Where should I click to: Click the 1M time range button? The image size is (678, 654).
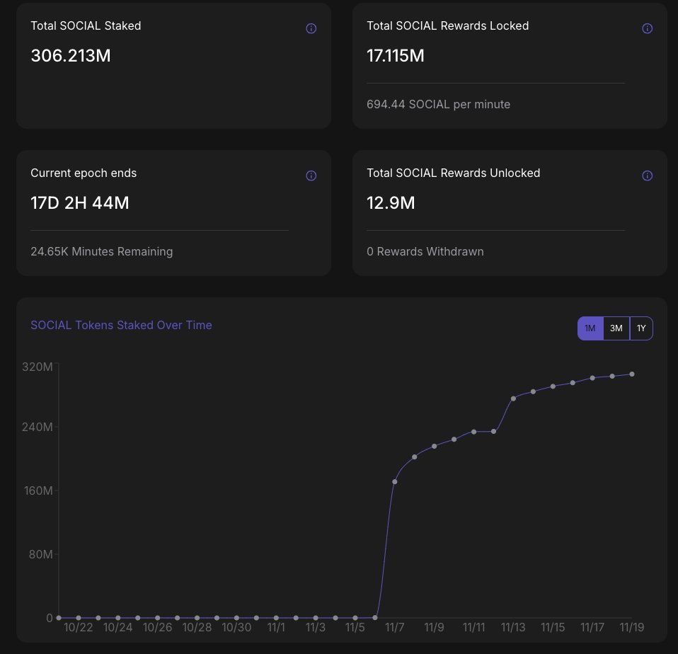coord(590,328)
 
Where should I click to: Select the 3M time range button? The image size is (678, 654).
coord(616,328)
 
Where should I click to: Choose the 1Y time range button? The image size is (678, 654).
coord(641,328)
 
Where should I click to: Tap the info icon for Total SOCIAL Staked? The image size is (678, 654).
coord(311,28)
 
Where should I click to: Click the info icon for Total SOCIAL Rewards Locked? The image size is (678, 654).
coord(647,28)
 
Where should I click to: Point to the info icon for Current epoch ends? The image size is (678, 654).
coord(311,176)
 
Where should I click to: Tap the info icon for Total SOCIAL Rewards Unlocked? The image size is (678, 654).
coord(647,176)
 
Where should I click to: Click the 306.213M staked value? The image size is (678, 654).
coord(71,56)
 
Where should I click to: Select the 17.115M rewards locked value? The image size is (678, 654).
coord(396,56)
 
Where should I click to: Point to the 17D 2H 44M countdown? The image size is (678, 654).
coord(80,203)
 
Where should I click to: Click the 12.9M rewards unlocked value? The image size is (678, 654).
coord(391,203)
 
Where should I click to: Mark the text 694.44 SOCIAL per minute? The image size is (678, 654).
coord(438,104)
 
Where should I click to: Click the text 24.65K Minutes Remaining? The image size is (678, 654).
coord(101,251)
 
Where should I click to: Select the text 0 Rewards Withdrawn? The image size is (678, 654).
coord(425,251)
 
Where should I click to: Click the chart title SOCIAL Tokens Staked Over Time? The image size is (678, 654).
coord(121,326)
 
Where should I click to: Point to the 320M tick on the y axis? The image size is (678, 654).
coord(38,367)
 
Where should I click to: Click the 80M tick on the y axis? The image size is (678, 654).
coord(40,554)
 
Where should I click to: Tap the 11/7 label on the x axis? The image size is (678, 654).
coord(394,627)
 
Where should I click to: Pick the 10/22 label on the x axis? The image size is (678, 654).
coord(78,627)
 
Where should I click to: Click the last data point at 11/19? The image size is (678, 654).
coord(631,374)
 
